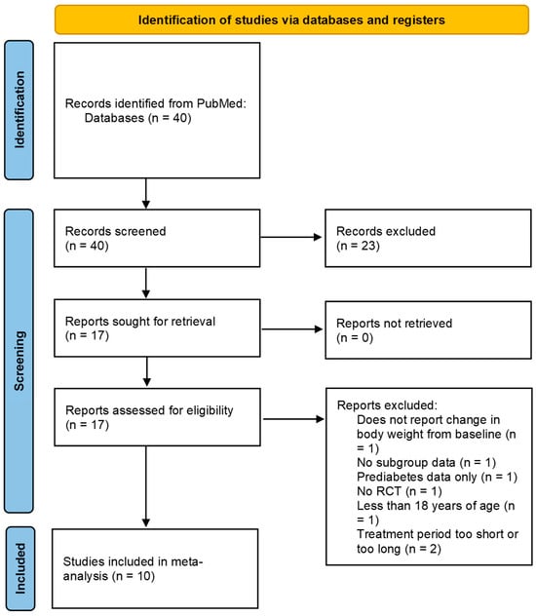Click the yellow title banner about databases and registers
[x=291, y=19]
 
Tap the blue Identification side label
[x=19, y=110]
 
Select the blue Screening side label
[x=19, y=361]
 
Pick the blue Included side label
[x=20, y=568]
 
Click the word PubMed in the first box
[x=221, y=103]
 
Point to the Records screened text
[x=115, y=231]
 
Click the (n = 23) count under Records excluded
[x=358, y=246]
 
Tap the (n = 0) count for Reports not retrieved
[x=355, y=338]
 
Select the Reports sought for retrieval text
[x=140, y=322]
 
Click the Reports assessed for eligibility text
[x=149, y=410]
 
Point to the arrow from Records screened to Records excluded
[x=291, y=237]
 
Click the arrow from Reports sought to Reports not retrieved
[x=291, y=329]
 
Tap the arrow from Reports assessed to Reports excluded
[x=293, y=419]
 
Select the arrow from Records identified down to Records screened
[x=146, y=193]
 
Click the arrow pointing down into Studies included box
[x=146, y=486]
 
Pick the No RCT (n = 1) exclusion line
[x=400, y=491]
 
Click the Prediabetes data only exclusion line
[x=437, y=477]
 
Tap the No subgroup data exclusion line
[x=426, y=463]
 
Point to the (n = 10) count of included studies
[x=134, y=576]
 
